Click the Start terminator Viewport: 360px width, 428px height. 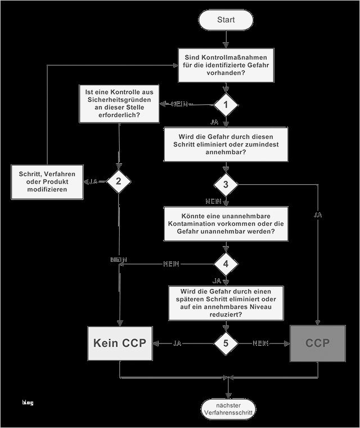tap(226, 20)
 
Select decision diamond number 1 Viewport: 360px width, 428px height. tap(226, 104)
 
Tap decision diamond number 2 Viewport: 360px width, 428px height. tap(119, 181)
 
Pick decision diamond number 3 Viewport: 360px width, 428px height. tap(226, 185)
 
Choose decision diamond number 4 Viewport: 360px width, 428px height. tap(226, 264)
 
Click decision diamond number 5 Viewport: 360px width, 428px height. tap(226, 342)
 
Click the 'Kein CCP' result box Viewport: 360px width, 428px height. tap(120, 343)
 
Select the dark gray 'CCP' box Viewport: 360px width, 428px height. tap(318, 343)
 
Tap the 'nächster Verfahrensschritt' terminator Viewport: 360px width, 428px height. tap(228, 409)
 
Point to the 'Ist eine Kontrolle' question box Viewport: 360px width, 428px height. tap(120, 103)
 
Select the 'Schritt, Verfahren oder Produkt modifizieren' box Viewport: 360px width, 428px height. tap(48, 182)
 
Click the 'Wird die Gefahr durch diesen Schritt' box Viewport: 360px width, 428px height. tap(226, 144)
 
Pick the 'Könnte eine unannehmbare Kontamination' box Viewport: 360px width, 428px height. tap(226, 224)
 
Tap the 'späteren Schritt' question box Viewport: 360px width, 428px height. tap(226, 303)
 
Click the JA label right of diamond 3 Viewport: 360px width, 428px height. tap(318, 215)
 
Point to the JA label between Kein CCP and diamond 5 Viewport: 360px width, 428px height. tap(177, 343)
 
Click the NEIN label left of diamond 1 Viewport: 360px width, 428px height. tap(181, 105)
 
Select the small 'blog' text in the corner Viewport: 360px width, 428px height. tap(28, 402)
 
